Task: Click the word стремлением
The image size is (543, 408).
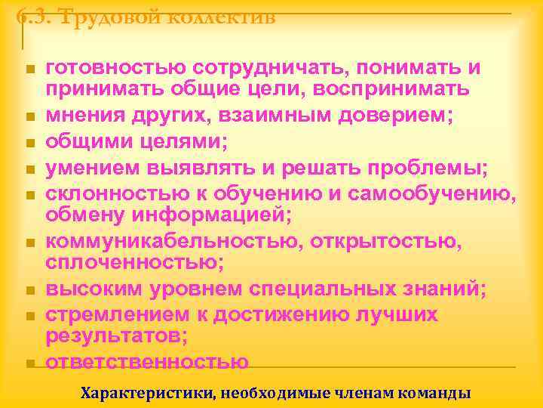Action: point(114,314)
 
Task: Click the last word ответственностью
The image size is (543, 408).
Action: point(147,361)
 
